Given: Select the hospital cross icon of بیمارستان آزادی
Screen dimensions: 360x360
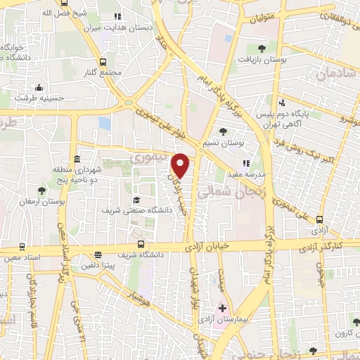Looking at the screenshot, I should coord(222,309).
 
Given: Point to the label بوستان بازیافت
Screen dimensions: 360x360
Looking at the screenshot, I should coord(262,61).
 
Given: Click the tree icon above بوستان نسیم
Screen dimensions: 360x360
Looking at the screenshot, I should coord(223,131).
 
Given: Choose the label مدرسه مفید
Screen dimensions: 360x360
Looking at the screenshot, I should coord(245,174).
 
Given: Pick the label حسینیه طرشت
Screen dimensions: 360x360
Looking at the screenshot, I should coord(39,99).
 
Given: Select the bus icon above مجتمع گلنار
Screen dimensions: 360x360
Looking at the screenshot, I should coord(104,61).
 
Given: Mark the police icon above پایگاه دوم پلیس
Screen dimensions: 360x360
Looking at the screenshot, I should coord(283,101).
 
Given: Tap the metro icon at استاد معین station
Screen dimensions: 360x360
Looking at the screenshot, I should coord(22,247).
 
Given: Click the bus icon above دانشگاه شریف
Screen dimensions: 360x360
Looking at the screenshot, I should coord(141,244).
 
